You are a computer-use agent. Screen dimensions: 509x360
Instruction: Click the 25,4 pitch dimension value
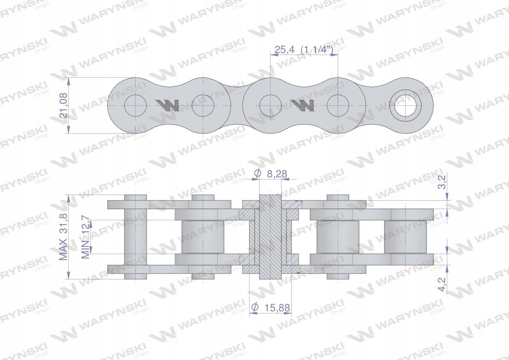284,49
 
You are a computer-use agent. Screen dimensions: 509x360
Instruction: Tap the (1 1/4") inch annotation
317,49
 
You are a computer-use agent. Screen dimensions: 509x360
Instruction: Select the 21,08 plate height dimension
64,105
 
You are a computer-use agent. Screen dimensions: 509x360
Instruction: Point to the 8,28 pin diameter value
277,174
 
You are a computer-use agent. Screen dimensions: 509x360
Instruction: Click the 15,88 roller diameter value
277,308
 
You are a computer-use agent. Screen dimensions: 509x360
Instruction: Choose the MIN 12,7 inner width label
86,239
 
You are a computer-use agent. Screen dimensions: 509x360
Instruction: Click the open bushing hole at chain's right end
405,106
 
